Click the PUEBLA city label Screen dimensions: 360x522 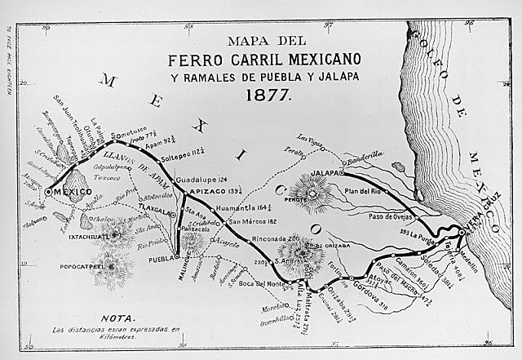tap(163, 259)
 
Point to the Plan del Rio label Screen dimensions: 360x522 tap(364, 190)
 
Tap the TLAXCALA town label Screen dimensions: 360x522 tap(158, 208)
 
